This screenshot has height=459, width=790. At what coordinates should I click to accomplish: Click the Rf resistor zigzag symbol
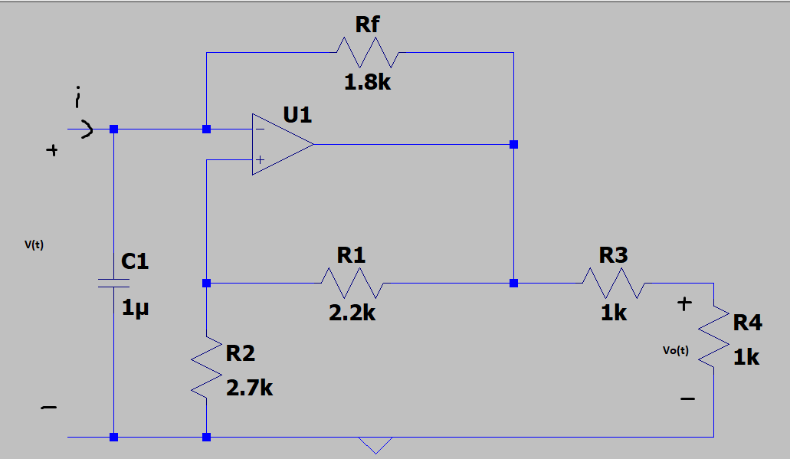(367, 53)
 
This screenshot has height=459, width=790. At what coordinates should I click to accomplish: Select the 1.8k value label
(367, 83)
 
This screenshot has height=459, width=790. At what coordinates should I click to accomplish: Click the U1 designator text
(297, 116)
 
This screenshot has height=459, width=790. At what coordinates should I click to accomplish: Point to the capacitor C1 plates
(114, 284)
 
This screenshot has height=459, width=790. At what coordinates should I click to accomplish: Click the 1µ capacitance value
(135, 309)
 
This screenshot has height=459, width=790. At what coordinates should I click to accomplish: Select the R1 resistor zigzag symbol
(352, 283)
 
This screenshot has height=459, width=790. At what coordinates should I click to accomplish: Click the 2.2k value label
(352, 313)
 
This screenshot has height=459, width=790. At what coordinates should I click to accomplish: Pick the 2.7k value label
(249, 388)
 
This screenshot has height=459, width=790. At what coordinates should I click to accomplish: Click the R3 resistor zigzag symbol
(613, 283)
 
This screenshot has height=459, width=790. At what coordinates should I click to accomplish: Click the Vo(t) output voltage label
(676, 351)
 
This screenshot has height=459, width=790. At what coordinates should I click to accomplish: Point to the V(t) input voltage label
(34, 245)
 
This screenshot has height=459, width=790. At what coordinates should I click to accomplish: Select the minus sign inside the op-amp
(261, 130)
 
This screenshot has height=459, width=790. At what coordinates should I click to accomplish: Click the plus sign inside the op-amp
(261, 160)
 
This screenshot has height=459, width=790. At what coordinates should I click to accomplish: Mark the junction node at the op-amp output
(513, 144)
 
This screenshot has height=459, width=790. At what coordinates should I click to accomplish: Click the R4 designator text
(747, 323)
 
